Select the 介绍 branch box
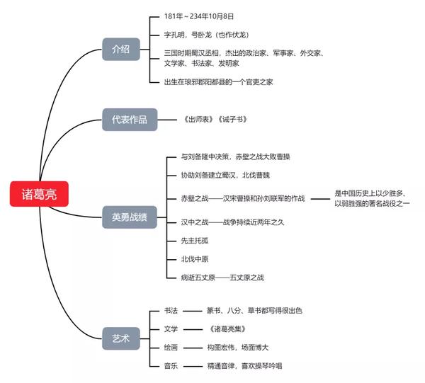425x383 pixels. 120,48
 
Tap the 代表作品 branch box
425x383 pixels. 129,120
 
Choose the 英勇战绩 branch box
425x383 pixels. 129,217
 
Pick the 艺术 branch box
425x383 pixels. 120,338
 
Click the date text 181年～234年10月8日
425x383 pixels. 198,16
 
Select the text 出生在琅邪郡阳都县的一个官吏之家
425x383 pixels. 217,82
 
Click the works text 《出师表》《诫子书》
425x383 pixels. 215,120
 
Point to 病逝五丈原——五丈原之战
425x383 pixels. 222,277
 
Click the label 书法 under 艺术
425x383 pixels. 171,310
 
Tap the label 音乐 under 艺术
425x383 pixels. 171,366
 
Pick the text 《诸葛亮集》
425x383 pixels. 230,328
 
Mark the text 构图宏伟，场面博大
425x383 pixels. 237,348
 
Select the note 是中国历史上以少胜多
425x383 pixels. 371,193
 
